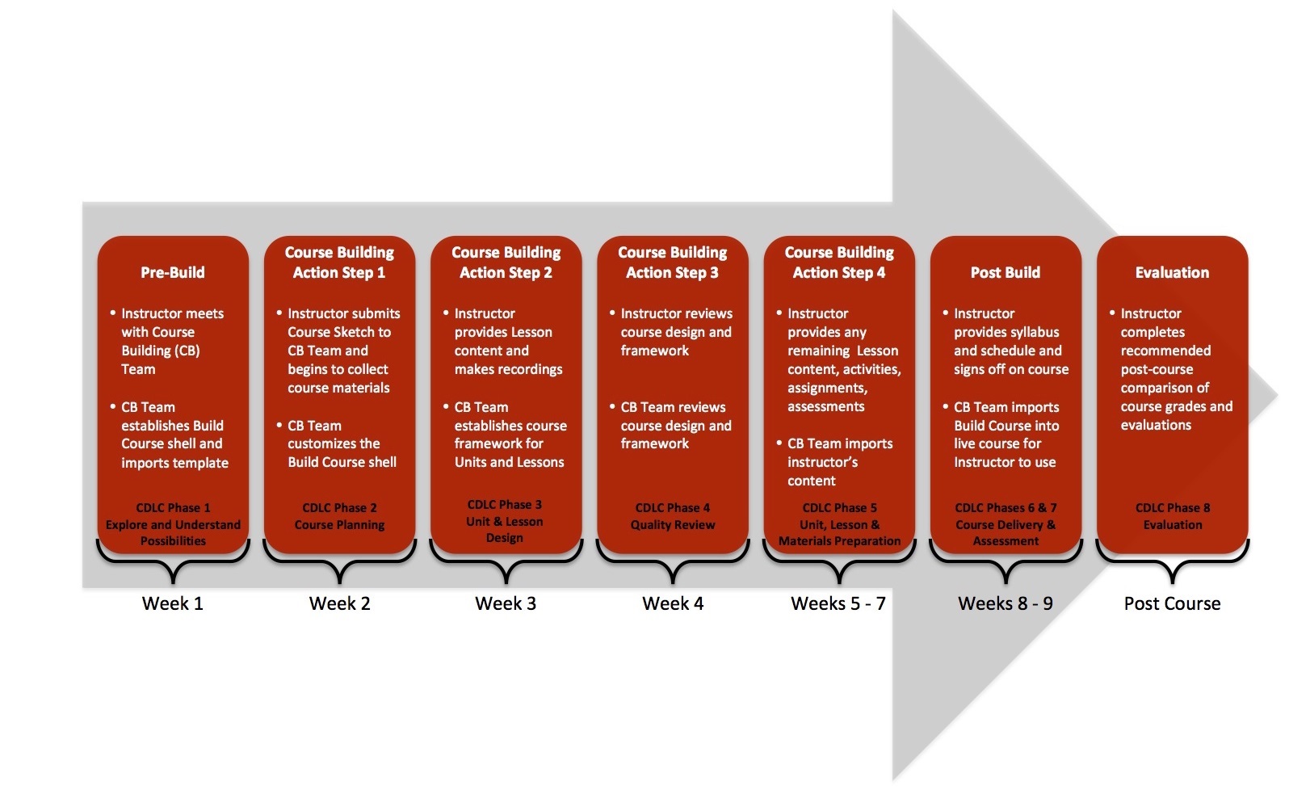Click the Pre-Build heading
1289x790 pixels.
[173, 273]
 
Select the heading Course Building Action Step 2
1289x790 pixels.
[506, 263]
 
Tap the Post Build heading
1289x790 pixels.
[1005, 273]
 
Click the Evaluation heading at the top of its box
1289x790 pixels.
[1172, 273]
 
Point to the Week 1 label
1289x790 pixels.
[173, 603]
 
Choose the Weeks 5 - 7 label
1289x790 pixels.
[838, 603]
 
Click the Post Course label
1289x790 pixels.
[1172, 603]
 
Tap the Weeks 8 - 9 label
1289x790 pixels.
[1005, 603]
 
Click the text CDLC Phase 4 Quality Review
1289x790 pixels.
[673, 516]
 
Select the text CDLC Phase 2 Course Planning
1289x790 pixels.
[339, 516]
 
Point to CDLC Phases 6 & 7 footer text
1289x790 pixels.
[1006, 524]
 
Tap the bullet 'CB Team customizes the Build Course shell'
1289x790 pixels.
[341, 443]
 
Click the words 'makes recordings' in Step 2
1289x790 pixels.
[508, 370]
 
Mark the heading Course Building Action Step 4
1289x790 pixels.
[838, 263]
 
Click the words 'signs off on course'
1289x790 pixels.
[1010, 370]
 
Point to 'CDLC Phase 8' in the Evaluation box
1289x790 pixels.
[1172, 508]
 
